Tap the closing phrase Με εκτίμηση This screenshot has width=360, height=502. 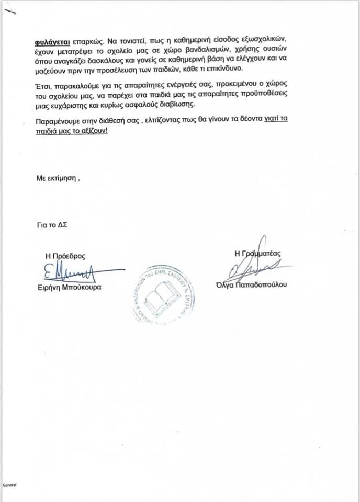point(57,178)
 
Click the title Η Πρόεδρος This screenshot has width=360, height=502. point(65,256)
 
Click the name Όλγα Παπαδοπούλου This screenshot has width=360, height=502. point(257,284)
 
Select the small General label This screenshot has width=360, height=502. point(10,485)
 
